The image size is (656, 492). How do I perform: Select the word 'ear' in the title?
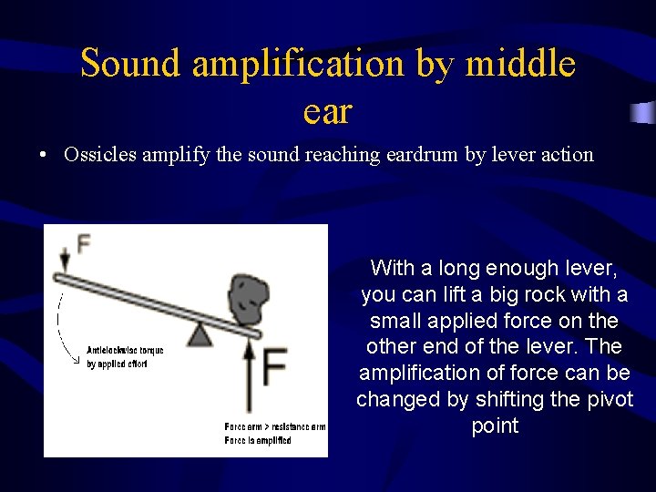tap(326, 111)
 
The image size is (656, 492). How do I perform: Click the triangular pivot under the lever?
tap(200, 334)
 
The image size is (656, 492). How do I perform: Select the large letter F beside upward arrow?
tap(276, 364)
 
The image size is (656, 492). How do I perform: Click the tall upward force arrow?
tap(250, 378)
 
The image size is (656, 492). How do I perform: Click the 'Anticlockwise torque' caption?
tap(124, 350)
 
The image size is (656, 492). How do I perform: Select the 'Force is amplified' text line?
tap(258, 441)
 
